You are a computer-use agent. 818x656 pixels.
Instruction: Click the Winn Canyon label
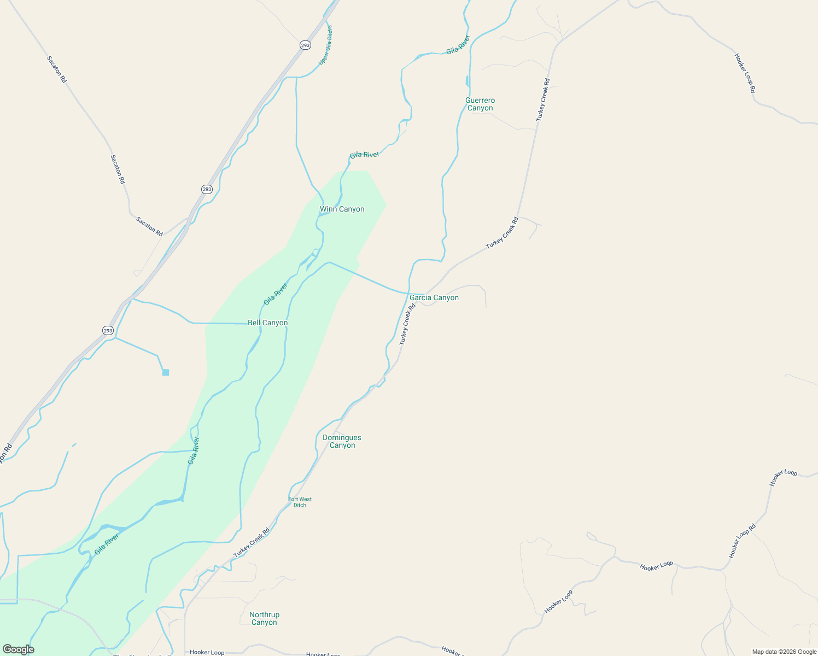[x=342, y=209]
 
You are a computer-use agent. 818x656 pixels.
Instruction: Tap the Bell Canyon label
[x=267, y=323]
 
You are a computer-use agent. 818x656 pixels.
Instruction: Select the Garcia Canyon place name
[x=434, y=298]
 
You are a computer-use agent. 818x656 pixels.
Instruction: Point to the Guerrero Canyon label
[x=480, y=104]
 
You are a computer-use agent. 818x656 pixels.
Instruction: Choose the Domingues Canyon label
[x=342, y=441]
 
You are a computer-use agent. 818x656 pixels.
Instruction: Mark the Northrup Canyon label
[x=264, y=618]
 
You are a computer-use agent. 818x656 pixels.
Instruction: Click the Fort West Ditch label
[x=300, y=502]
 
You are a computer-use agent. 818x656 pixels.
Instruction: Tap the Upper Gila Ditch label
[x=325, y=45]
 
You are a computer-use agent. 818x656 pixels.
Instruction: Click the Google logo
[x=18, y=649]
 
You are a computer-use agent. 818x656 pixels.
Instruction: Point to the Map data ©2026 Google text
[x=784, y=652]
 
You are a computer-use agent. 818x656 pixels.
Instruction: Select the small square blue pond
[x=166, y=372]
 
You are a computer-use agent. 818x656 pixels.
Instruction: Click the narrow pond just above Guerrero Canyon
[x=467, y=81]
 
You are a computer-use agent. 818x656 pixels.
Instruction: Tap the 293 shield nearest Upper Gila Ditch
[x=305, y=45]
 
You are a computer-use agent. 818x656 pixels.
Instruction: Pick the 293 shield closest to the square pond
[x=108, y=330]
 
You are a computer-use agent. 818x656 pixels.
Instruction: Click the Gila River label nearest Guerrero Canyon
[x=458, y=45]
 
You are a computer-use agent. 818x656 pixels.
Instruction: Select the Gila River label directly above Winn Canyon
[x=364, y=155]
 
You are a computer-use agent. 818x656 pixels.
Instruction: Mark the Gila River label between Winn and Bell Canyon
[x=276, y=294]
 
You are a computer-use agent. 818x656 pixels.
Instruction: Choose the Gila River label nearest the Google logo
[x=107, y=544]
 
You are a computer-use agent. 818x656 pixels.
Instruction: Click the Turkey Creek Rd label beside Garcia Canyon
[x=407, y=324]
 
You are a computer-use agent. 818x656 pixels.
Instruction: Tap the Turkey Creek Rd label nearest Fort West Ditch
[x=252, y=542]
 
